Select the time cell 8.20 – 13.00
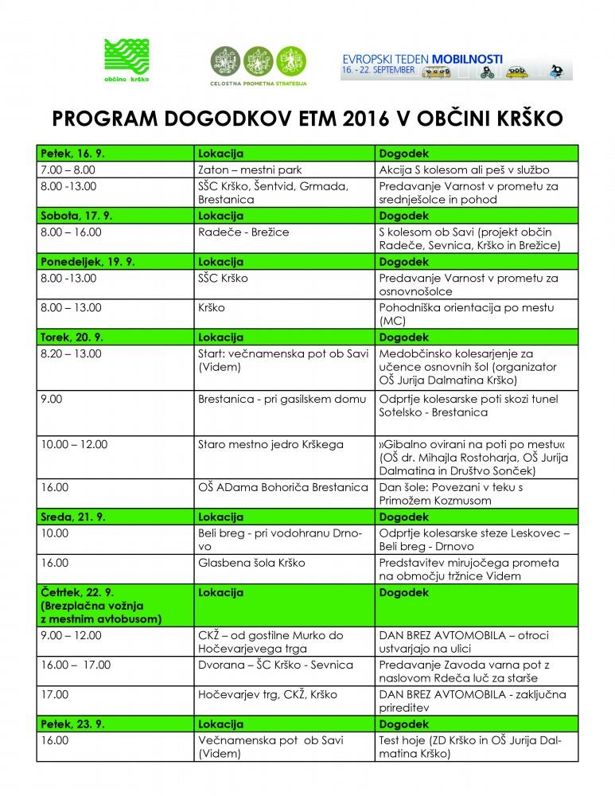point(71,353)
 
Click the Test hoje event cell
point(470,747)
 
